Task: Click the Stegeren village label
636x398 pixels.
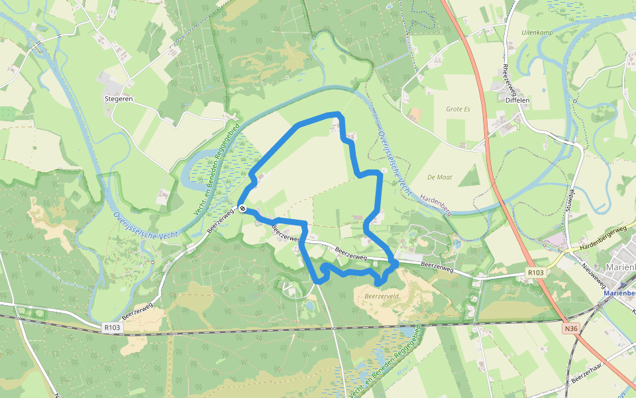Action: tap(119, 99)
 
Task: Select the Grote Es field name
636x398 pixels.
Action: tap(458, 109)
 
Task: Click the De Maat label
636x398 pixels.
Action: tap(439, 177)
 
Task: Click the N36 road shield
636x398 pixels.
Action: tap(570, 328)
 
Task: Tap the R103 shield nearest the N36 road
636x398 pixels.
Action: tap(535, 273)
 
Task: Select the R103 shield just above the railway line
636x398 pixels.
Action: tap(113, 326)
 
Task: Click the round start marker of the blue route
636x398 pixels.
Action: tap(243, 209)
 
